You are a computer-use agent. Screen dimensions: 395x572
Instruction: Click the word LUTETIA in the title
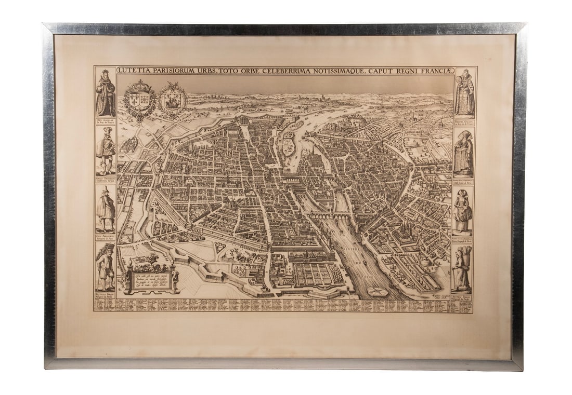click(x=132, y=70)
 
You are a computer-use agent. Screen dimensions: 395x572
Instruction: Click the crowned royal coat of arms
click(x=139, y=99)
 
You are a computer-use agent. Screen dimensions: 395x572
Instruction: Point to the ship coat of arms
click(x=173, y=99)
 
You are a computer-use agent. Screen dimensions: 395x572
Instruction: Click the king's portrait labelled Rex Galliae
click(x=106, y=93)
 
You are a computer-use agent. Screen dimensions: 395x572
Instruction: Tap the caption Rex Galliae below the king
click(x=106, y=120)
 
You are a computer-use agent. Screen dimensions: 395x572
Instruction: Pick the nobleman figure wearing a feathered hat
click(x=106, y=151)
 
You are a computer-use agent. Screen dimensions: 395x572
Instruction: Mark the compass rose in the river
click(x=379, y=292)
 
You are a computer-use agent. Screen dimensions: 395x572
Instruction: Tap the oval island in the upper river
click(x=288, y=146)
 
